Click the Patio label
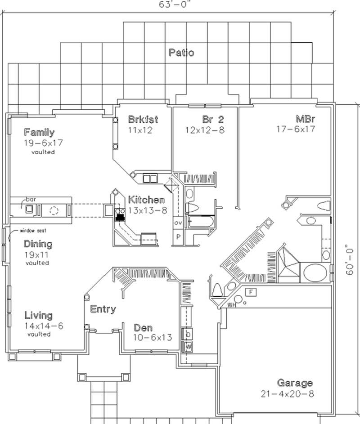click(x=181, y=53)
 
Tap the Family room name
click(x=39, y=132)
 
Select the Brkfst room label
click(x=143, y=120)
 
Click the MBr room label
click(x=305, y=120)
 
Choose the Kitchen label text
click(x=146, y=200)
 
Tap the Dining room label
click(x=38, y=244)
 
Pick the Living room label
click(x=38, y=315)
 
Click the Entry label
click(x=103, y=309)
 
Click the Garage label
click(x=295, y=383)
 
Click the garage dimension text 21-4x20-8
click(x=287, y=394)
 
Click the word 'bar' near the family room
click(x=31, y=199)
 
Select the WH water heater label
click(x=232, y=305)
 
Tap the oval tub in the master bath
click(x=315, y=272)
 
